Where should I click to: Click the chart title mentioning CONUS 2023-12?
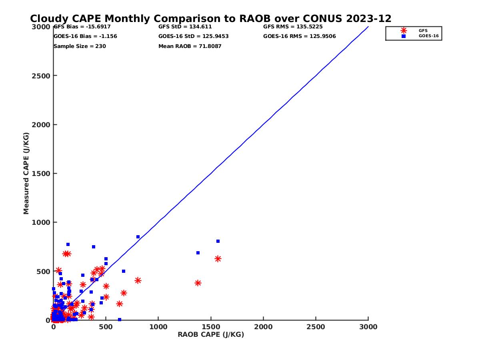point(211,19)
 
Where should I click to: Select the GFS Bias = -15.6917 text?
point(82,27)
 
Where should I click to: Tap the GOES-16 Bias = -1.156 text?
point(85,36)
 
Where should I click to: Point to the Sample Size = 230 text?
point(80,46)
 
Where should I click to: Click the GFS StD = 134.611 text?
point(185,27)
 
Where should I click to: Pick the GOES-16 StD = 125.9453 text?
point(194,36)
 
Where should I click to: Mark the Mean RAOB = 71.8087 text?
point(190,46)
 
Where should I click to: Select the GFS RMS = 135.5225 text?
point(293,27)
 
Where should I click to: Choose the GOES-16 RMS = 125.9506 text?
point(300,36)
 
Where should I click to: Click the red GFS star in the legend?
point(404,30)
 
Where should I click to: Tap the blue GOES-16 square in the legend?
point(404,36)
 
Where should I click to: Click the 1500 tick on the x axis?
point(211,327)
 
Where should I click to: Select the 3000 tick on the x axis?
point(368,327)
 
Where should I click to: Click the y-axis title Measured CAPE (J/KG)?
point(26,173)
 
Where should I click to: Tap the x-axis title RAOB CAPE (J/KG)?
point(211,335)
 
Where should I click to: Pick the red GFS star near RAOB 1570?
point(218,259)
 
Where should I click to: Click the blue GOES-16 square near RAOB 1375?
point(198,253)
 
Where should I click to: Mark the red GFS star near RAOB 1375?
point(198,283)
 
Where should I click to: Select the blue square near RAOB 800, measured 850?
point(138,237)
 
